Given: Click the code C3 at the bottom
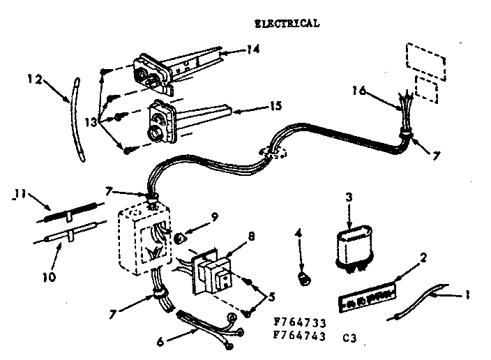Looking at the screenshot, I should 350,336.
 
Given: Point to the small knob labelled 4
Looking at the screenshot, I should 303,280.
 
